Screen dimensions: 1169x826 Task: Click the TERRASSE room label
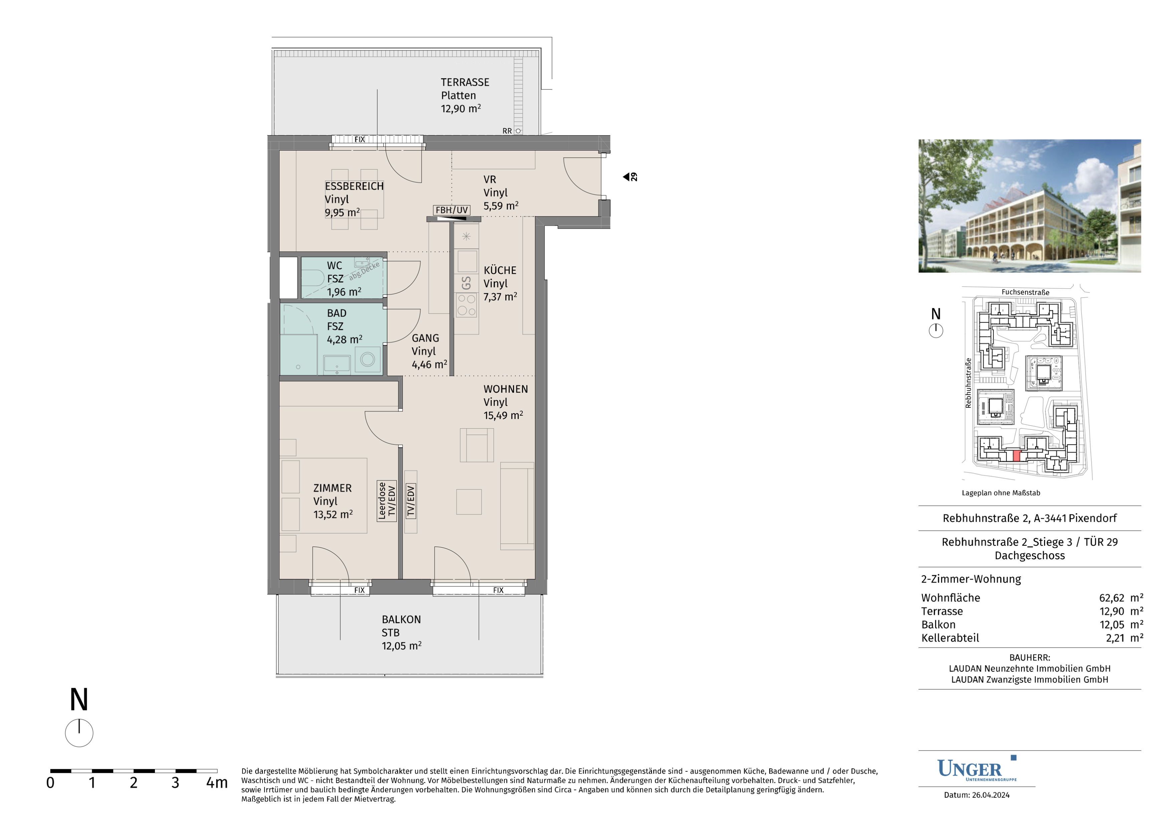[x=465, y=82]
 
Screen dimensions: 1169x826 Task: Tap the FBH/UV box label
[x=452, y=210]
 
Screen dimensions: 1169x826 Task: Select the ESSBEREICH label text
[x=354, y=186]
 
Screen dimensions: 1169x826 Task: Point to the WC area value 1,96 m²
[x=344, y=291]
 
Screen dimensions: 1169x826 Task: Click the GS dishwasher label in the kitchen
[x=466, y=283]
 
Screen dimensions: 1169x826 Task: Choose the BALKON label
[x=401, y=619]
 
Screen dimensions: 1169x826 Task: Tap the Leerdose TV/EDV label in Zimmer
[x=386, y=501]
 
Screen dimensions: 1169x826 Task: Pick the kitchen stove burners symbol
[x=466, y=305]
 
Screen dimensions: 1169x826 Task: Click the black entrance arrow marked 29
[x=626, y=177]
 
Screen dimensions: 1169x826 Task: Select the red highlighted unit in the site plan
[x=1017, y=456]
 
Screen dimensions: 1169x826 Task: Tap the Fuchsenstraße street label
[x=1025, y=292]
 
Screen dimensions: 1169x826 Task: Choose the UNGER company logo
[x=977, y=769]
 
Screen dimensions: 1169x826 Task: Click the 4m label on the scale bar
[x=217, y=783]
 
